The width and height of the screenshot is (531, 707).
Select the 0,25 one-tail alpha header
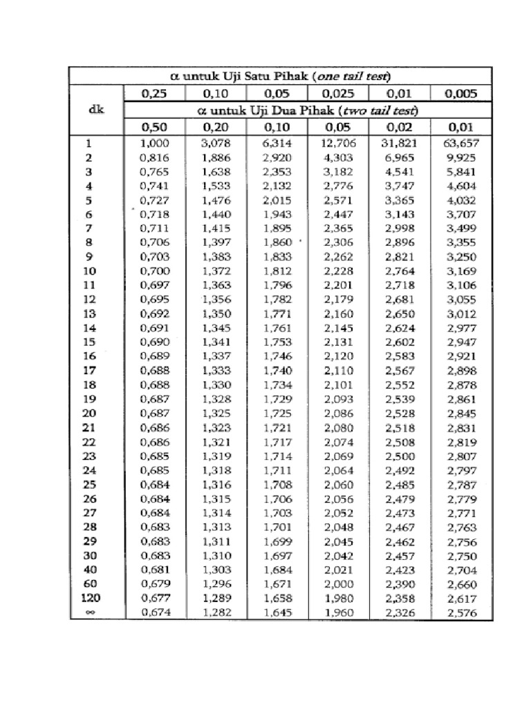(x=154, y=93)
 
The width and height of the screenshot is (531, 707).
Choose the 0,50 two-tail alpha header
(x=154, y=127)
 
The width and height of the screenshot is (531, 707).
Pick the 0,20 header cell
(x=216, y=127)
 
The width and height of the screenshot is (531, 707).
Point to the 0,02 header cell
(x=400, y=127)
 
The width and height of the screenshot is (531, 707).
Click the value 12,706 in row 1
(x=338, y=144)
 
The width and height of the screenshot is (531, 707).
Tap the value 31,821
(x=400, y=144)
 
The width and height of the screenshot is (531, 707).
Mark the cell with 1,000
(x=154, y=144)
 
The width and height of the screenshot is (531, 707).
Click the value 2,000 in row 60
(x=338, y=584)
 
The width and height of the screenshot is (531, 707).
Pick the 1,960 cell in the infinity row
(x=338, y=612)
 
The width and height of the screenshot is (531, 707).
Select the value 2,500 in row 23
(x=400, y=456)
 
